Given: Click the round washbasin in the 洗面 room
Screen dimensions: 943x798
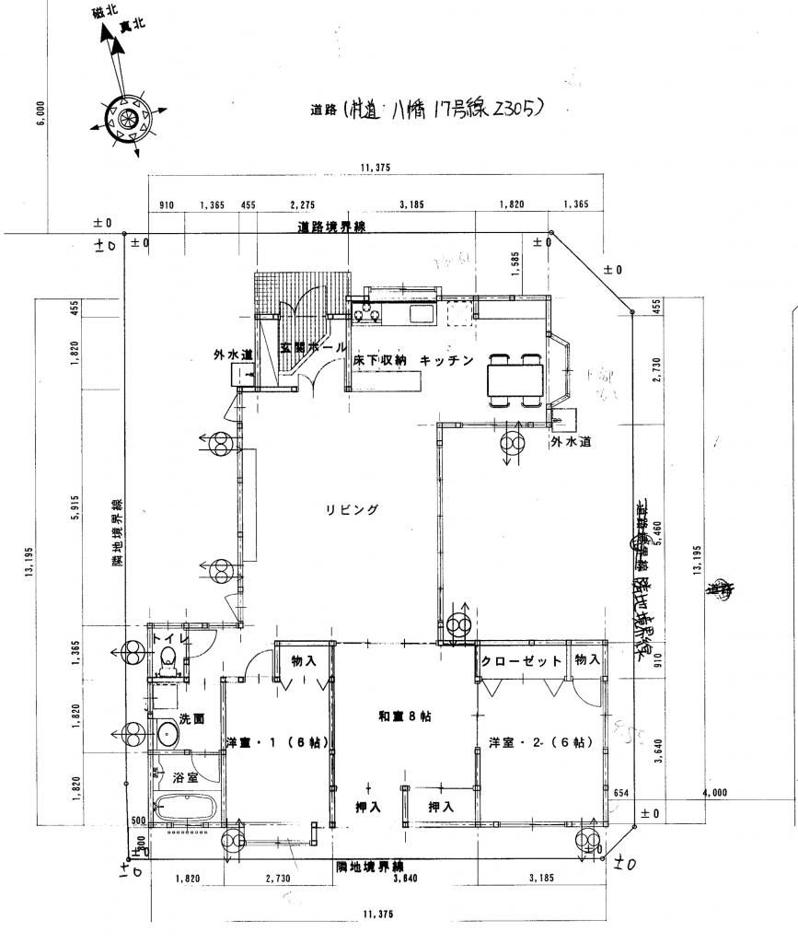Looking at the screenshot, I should [168, 734].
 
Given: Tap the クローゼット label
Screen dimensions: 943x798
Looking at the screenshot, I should [521, 661].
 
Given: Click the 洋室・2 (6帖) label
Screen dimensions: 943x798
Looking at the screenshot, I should [540, 742].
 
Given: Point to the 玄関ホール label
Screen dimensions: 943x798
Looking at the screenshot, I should [314, 348].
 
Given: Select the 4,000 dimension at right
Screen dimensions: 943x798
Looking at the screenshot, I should [714, 793].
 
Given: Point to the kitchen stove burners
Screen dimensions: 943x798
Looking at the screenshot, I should [366, 315].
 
